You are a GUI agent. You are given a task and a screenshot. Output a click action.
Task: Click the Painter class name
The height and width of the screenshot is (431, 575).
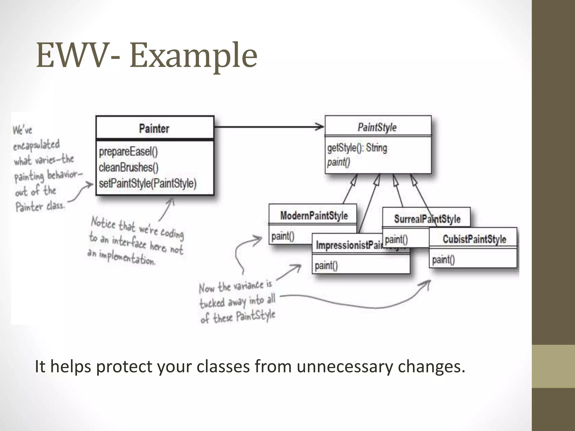tap(154, 129)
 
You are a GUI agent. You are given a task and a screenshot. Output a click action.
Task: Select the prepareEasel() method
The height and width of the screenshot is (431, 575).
tap(128, 152)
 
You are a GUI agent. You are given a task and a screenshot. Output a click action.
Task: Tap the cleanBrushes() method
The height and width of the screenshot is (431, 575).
tap(129, 168)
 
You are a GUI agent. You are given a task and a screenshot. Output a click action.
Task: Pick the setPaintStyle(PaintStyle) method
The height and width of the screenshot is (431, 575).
tap(148, 184)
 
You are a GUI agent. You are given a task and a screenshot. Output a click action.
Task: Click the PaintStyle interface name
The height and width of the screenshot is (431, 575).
tap(377, 127)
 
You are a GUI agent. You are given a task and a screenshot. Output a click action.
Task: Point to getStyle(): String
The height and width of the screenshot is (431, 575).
tap(357, 148)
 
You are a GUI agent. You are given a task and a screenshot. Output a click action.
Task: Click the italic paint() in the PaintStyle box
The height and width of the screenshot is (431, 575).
tap(339, 162)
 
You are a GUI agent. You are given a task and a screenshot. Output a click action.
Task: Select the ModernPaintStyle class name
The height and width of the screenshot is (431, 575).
tap(314, 216)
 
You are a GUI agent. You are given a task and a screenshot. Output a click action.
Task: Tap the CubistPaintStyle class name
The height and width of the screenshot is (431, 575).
tap(474, 239)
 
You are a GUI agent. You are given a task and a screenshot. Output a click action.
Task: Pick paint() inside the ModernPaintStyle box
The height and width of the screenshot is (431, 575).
tap(283, 236)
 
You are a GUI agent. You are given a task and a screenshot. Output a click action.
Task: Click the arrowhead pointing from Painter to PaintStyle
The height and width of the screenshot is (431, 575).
tap(319, 127)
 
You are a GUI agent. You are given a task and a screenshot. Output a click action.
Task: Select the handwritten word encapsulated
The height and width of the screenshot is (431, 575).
tap(36, 145)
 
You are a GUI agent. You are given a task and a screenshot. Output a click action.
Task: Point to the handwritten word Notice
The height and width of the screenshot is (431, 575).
tap(103, 223)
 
